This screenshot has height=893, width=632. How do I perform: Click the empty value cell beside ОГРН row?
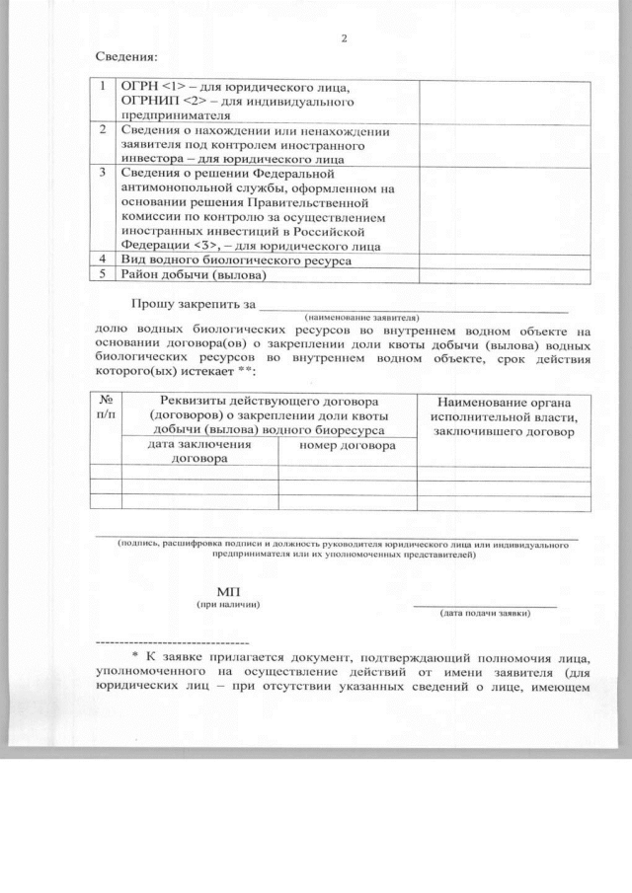(x=504, y=100)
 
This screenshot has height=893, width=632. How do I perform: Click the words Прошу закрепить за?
(x=194, y=303)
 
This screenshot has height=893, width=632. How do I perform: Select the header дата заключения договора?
(x=198, y=451)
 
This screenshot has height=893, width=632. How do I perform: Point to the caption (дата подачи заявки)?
(x=485, y=613)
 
